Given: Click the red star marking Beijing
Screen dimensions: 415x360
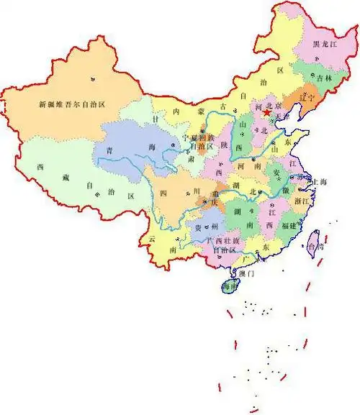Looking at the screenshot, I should [266, 114].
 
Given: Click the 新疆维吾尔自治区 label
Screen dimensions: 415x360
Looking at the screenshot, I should [72, 105].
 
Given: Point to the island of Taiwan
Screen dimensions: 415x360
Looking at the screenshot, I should [315, 245].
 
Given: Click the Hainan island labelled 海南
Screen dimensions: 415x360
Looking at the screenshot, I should [229, 286].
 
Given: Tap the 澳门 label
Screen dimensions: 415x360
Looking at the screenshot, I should [247, 273].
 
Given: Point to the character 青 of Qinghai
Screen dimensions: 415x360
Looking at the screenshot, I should [109, 150].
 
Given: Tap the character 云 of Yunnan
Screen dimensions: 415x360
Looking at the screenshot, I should [151, 238].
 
